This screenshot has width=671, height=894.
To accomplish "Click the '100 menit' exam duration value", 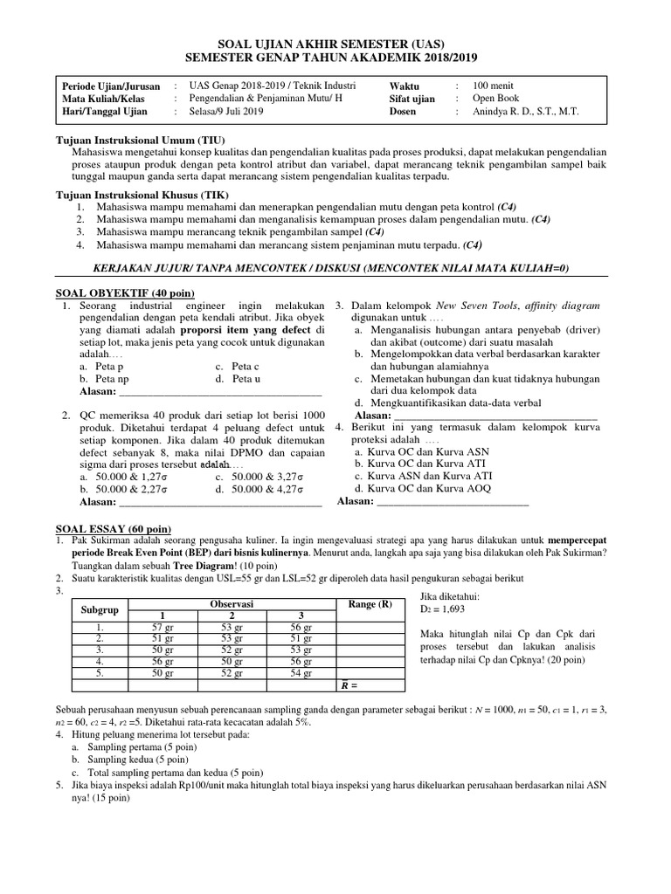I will (x=492, y=86).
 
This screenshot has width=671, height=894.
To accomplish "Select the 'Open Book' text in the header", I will (x=495, y=99).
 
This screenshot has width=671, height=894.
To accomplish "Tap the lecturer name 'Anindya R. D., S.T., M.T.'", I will (x=525, y=112).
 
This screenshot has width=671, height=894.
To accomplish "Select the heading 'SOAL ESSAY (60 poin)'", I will (x=114, y=530).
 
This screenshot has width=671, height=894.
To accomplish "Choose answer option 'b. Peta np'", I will (x=104, y=380).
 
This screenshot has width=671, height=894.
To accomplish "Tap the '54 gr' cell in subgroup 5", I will (x=300, y=673).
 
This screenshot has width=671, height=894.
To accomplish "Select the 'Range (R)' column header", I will (x=370, y=604).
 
